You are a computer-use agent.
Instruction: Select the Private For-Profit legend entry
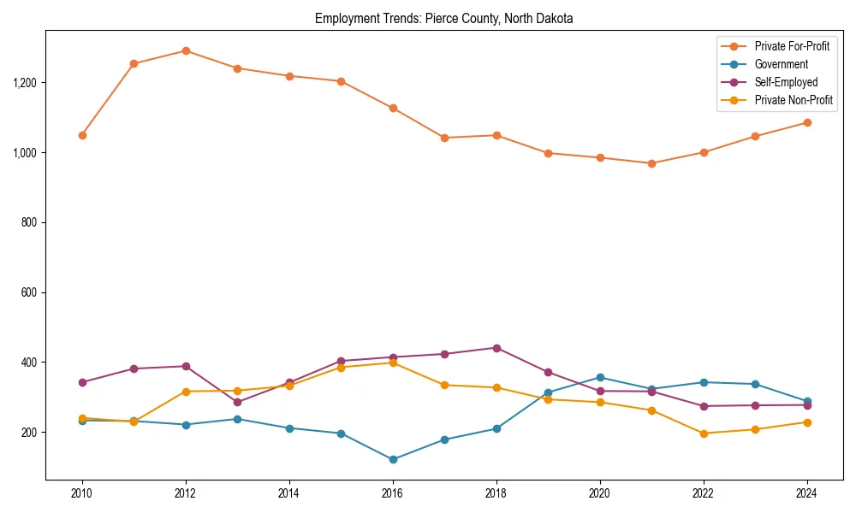coord(792,45)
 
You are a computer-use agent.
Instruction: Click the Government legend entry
coord(781,64)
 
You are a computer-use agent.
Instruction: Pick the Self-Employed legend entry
coord(786,82)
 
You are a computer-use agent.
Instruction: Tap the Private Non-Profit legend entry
coord(794,100)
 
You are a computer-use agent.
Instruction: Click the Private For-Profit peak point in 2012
coord(186,50)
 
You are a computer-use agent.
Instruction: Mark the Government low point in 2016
coord(393,459)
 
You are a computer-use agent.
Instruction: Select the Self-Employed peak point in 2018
coord(496,348)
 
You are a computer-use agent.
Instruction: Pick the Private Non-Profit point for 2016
coord(393,363)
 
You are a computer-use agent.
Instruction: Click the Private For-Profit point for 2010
coord(82,135)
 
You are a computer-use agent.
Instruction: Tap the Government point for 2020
coord(600,377)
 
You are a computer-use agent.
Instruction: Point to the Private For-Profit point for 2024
coord(807,122)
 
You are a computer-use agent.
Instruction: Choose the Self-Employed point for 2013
coord(237,402)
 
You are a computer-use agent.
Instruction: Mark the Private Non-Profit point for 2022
coord(704,433)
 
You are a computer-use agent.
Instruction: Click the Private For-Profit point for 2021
coord(651,163)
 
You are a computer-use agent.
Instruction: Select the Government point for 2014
coord(289,428)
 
